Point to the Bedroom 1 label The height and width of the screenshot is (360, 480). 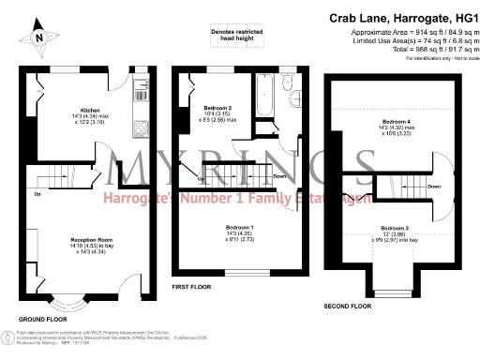click(x=240, y=226)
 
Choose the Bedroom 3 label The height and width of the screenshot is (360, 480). click(x=393, y=228)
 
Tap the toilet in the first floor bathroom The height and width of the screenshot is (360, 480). click(x=293, y=97)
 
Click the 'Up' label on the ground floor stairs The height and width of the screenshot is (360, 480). click(x=37, y=195)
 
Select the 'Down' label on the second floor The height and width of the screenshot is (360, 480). click(x=433, y=187)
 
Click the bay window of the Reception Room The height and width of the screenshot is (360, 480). click(x=67, y=303)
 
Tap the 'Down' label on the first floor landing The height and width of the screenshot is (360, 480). click(x=279, y=175)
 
